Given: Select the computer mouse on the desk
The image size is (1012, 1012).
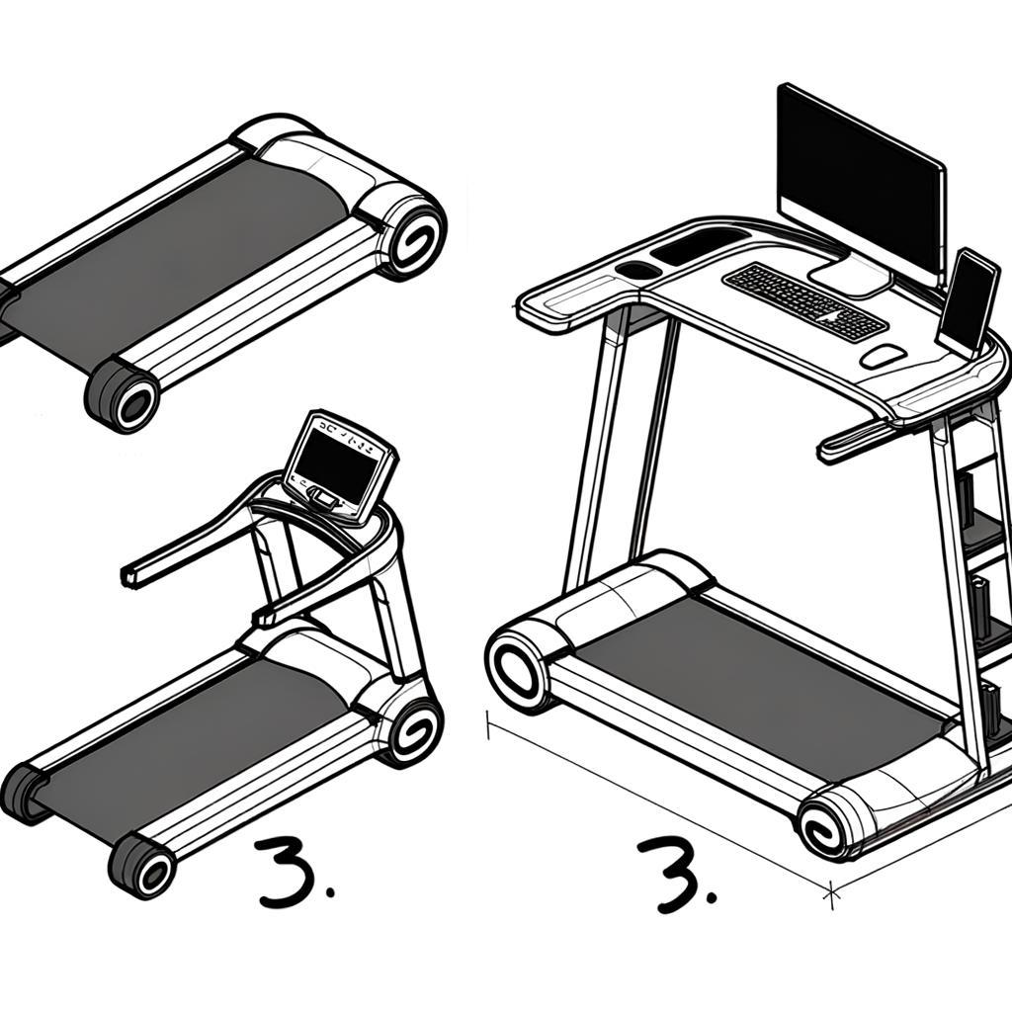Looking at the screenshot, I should (x=883, y=356).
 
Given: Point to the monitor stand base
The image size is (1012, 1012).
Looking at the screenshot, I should (x=850, y=276).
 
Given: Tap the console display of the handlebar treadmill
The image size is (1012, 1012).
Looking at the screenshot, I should (x=336, y=463).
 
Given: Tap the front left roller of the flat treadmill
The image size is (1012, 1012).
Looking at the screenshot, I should (x=123, y=395).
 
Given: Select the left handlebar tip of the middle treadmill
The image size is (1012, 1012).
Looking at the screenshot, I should (x=129, y=576).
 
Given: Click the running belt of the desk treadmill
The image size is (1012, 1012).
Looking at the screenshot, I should (x=761, y=682).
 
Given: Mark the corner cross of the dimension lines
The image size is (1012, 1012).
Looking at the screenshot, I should (x=832, y=891).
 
